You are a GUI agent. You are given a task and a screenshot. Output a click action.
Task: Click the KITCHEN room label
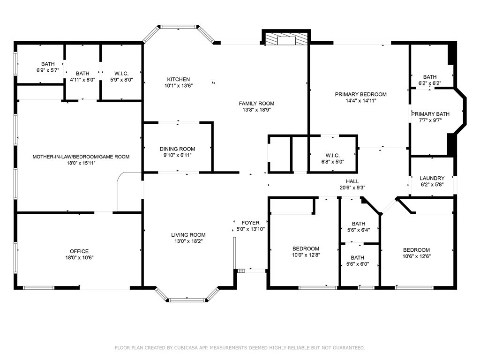(x=179, y=79)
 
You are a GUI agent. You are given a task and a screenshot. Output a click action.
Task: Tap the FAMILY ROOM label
(x=256, y=104)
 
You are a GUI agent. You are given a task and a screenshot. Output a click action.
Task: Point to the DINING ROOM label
(x=177, y=149)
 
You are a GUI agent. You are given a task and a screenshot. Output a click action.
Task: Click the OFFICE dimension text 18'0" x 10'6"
(x=79, y=258)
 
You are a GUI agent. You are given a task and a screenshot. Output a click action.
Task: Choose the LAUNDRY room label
(x=432, y=178)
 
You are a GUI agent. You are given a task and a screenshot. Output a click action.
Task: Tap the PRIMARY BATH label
(x=430, y=114)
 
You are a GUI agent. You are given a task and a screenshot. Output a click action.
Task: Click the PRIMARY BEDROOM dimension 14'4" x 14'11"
(x=360, y=101)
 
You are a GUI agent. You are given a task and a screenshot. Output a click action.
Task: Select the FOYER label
(x=250, y=223)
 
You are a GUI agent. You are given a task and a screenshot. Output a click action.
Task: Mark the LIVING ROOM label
(x=188, y=235)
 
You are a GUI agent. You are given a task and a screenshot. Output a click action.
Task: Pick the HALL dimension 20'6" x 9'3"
(x=352, y=187)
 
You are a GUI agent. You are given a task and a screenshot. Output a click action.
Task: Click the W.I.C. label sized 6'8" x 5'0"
(x=332, y=156)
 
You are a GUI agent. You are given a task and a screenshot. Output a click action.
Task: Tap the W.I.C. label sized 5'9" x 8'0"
(x=121, y=74)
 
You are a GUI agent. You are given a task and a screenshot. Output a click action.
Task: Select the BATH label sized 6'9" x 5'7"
(x=48, y=64)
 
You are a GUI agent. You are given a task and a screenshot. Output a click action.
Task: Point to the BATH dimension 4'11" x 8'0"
(x=82, y=80)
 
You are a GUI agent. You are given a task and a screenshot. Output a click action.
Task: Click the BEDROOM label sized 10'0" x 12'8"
(x=306, y=248)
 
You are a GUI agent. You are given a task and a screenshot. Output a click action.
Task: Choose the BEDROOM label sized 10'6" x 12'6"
(x=416, y=250)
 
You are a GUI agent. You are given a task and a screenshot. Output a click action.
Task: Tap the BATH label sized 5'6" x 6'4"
(x=359, y=224)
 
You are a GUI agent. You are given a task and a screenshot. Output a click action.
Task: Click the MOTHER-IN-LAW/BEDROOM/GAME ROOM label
(x=81, y=157)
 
